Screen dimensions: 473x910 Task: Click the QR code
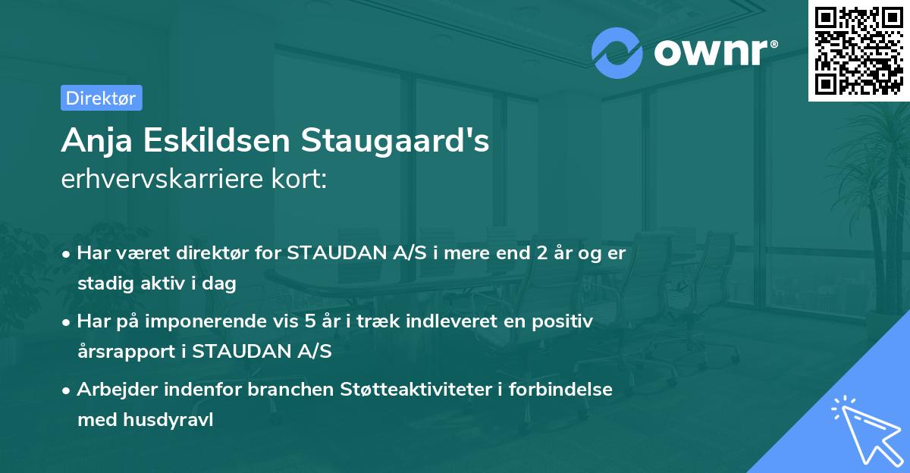tap(859, 51)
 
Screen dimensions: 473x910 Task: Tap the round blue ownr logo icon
tap(618, 53)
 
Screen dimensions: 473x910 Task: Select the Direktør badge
tap(101, 98)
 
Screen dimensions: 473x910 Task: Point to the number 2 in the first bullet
tap(541, 253)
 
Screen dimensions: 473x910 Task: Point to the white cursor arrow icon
tap(864, 428)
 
